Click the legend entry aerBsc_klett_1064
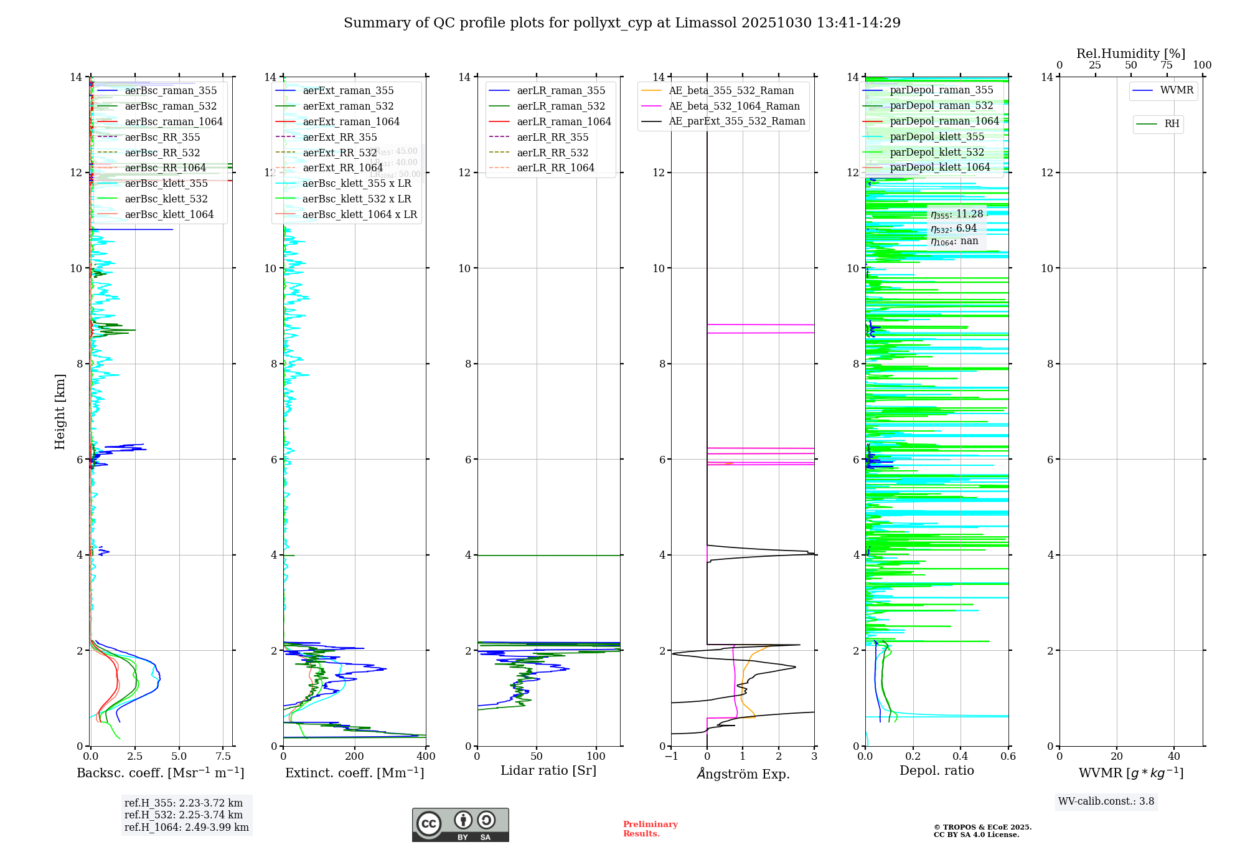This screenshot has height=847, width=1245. coord(169,214)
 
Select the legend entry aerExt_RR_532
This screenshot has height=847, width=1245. coord(339,153)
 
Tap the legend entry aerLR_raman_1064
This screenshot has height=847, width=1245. coord(563,121)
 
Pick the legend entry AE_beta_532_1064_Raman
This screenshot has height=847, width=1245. coord(734,106)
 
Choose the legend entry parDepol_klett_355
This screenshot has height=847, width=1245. coord(937,136)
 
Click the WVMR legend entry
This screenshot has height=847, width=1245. coord(1177,90)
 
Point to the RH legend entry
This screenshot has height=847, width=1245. coord(1172,124)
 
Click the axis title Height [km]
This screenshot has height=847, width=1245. coord(60,411)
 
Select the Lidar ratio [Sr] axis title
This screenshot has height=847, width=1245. coord(548,770)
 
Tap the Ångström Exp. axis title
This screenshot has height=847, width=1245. coord(743,774)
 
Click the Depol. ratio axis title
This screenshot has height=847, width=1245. coord(936,770)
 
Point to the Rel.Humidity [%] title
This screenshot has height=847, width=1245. coord(1130,54)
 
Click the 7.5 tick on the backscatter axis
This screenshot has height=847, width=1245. coord(223,757)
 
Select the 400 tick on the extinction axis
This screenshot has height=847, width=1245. coord(426,757)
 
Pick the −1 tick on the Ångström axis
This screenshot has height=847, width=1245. coord(671,757)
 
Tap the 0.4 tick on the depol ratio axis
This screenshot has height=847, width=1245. coord(961,757)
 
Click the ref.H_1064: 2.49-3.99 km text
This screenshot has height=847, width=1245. coord(186,827)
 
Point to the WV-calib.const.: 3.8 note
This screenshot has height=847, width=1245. coord(1106,801)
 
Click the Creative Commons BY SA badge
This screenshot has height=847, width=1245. coord(460,825)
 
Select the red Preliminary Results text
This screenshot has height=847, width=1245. coord(650,828)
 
